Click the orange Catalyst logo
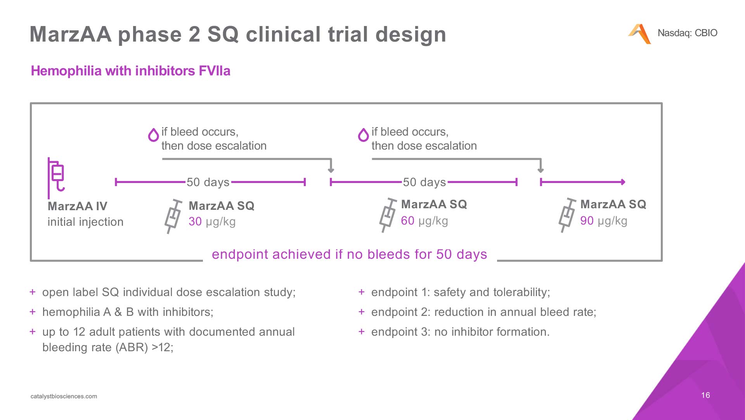pyautogui.click(x=639, y=34)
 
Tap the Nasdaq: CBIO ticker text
pyautogui.click(x=687, y=33)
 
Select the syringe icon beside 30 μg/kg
pyautogui.click(x=173, y=216)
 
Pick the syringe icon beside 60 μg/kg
pyautogui.click(x=388, y=215)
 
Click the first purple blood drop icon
pyautogui.click(x=154, y=135)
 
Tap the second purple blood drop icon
pyautogui.click(x=363, y=135)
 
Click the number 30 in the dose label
pyautogui.click(x=195, y=221)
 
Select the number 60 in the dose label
pyautogui.click(x=408, y=221)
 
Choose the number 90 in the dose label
pyautogui.click(x=587, y=221)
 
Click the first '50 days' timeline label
pyautogui.click(x=208, y=182)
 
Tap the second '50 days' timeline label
pyautogui.click(x=424, y=182)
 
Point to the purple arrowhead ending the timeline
pyautogui.click(x=623, y=182)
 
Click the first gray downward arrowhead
pyautogui.click(x=331, y=170)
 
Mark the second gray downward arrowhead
pyautogui.click(x=541, y=170)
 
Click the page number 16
pyautogui.click(x=705, y=395)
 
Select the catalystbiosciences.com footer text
pyautogui.click(x=64, y=396)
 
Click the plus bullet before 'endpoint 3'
pyautogui.click(x=362, y=331)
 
